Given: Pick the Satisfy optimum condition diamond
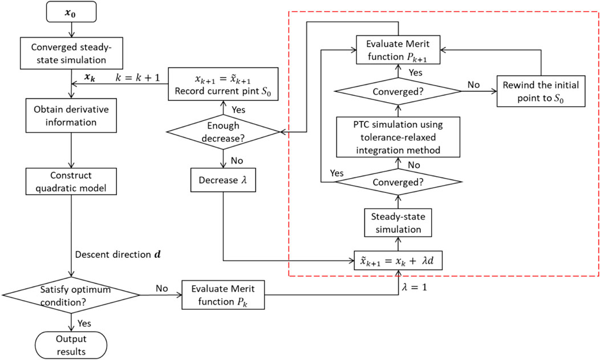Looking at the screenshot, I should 71,295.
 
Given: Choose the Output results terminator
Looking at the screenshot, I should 71,341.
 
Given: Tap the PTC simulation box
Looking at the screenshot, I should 397,137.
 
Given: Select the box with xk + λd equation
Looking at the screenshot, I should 397,261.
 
